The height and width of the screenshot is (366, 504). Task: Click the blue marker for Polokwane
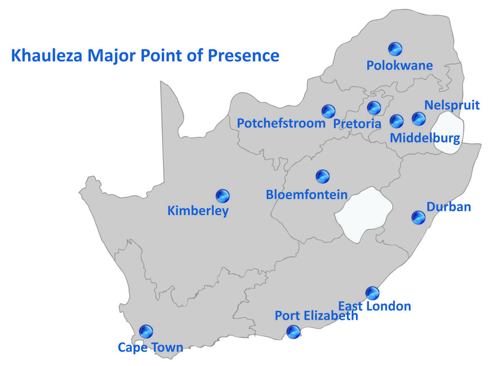[x=395, y=49]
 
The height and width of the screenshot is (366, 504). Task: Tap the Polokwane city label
[x=399, y=65]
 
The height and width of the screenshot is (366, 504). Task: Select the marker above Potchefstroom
[x=329, y=112]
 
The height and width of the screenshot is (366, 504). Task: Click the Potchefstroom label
[x=281, y=123]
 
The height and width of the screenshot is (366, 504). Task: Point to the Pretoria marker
[x=374, y=108]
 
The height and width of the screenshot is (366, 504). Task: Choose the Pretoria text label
[x=357, y=124]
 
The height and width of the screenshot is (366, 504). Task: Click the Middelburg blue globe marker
[x=396, y=121]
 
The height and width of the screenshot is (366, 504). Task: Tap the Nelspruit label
[x=452, y=105]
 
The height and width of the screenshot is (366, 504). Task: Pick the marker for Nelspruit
[x=419, y=119]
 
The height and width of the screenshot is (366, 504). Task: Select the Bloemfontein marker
[x=323, y=177]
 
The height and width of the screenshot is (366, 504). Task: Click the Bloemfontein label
[x=307, y=195]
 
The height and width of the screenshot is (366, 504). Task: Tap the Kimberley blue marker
[x=223, y=196]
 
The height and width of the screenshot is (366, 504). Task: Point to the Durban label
[x=448, y=206]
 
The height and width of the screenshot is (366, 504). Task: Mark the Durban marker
[x=419, y=217]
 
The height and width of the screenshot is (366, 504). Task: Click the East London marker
[x=372, y=293]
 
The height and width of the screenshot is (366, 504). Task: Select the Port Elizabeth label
[x=316, y=316]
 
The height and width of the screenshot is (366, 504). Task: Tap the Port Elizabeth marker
[x=293, y=332]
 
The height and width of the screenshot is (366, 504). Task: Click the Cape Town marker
[x=146, y=332]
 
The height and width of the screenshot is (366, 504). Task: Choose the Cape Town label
[x=150, y=347]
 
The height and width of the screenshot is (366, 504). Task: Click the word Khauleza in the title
[x=47, y=56]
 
